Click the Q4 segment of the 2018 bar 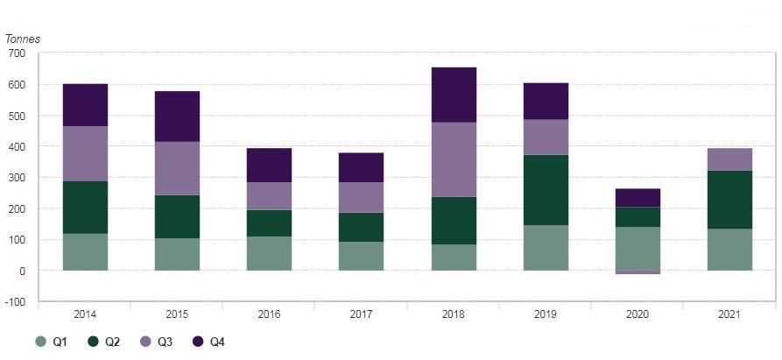454,95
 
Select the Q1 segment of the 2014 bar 85,251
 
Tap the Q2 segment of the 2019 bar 546,190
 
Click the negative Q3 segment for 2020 638,272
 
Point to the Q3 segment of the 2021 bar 729,159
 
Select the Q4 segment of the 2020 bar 638,197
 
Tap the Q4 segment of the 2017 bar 361,167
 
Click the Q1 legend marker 41,342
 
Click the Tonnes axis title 23,39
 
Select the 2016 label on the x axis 269,314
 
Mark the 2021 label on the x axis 729,314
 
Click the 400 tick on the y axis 18,146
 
